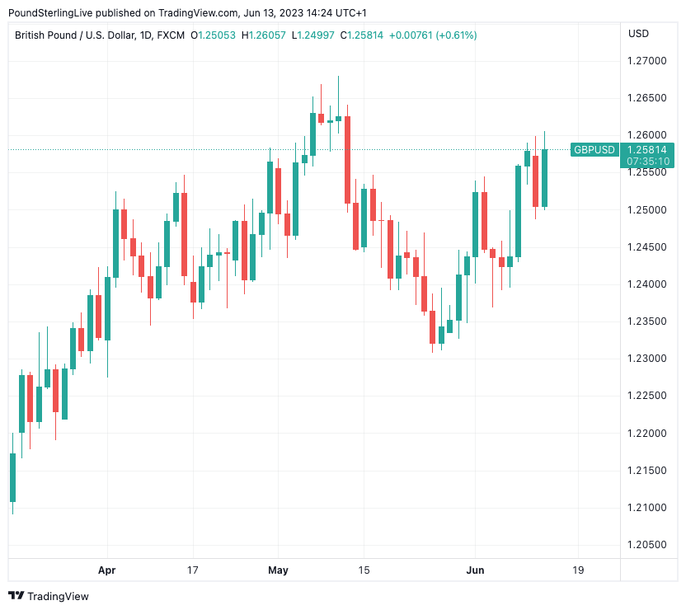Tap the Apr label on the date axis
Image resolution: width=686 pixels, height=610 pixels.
[106, 570]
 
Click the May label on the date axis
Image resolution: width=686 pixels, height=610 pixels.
[278, 570]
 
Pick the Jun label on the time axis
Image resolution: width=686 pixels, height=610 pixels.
[475, 570]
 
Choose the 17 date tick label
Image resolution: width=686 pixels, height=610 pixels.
[193, 570]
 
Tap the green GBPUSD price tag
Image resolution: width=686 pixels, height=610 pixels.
[594, 149]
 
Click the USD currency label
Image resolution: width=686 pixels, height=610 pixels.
[638, 34]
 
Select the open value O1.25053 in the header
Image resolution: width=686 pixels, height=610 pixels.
[218, 35]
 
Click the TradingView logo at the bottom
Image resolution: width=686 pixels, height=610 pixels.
[48, 596]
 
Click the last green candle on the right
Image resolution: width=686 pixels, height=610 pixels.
[544, 177]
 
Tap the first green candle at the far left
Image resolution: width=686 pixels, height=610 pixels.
[12, 477]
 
